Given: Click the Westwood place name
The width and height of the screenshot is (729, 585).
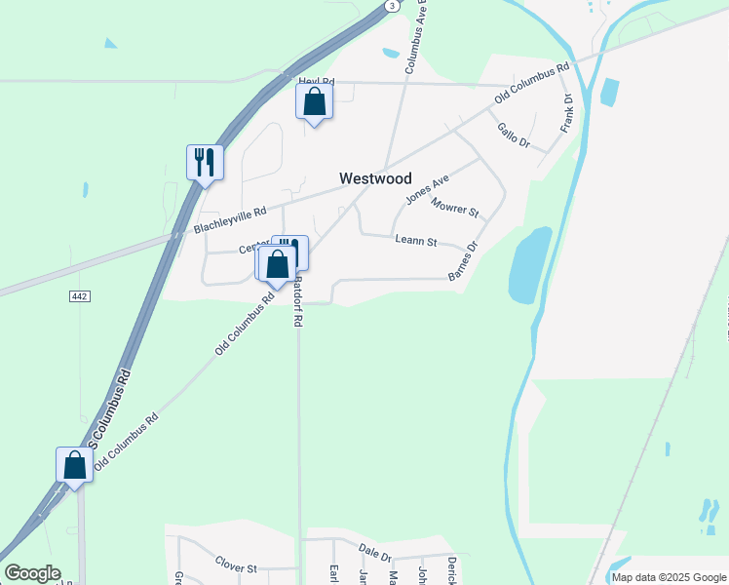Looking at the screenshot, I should point(375,178).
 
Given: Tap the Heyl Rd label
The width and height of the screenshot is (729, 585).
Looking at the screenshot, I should point(316,82).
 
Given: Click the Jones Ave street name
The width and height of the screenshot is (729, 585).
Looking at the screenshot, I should point(427,188).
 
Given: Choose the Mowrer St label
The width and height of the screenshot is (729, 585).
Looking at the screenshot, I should point(455,207).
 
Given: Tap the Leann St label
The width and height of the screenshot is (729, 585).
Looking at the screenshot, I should point(416,241).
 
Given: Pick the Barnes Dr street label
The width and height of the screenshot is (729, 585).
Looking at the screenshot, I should point(463,261).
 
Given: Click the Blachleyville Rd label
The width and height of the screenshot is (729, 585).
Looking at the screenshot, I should point(230,220).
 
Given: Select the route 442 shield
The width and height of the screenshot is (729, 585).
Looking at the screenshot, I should point(80,295).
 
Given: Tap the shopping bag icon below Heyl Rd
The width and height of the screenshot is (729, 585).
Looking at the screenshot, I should point(314,102).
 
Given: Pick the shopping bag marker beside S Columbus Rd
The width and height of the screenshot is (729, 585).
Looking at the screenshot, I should point(75,465).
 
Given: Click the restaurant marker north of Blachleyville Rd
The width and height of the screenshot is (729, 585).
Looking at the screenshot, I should point(205,162).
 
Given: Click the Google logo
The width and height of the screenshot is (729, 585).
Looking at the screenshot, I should point(32,573).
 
